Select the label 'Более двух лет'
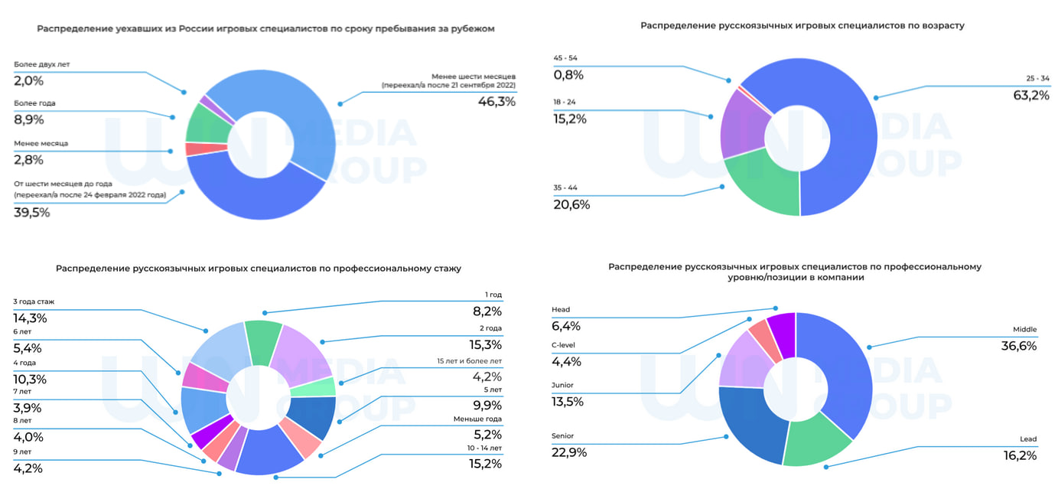tap(42, 64)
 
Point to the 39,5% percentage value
tap(32, 213)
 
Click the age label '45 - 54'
tap(566, 57)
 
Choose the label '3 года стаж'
tap(34, 302)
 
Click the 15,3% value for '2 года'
tap(487, 345)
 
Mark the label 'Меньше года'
tap(478, 418)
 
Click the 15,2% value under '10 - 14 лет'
tap(486, 464)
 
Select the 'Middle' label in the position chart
tap(1024, 330)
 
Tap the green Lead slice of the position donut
tap(816, 441)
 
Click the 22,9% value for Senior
tap(569, 452)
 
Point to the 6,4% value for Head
tap(566, 327)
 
